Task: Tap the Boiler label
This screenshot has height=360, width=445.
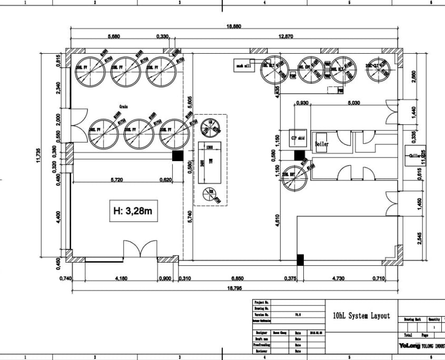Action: point(322,143)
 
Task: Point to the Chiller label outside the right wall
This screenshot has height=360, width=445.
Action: point(415,156)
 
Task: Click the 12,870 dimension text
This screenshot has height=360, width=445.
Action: point(285,37)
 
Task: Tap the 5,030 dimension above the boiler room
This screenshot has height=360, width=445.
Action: point(353,103)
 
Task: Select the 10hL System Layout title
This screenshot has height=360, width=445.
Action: point(362,316)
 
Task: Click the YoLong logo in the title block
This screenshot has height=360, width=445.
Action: point(409,346)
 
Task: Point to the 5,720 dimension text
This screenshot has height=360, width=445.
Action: point(117,180)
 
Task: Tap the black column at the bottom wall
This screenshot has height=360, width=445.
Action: point(300,259)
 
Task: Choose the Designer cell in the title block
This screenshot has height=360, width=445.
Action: point(261,333)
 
